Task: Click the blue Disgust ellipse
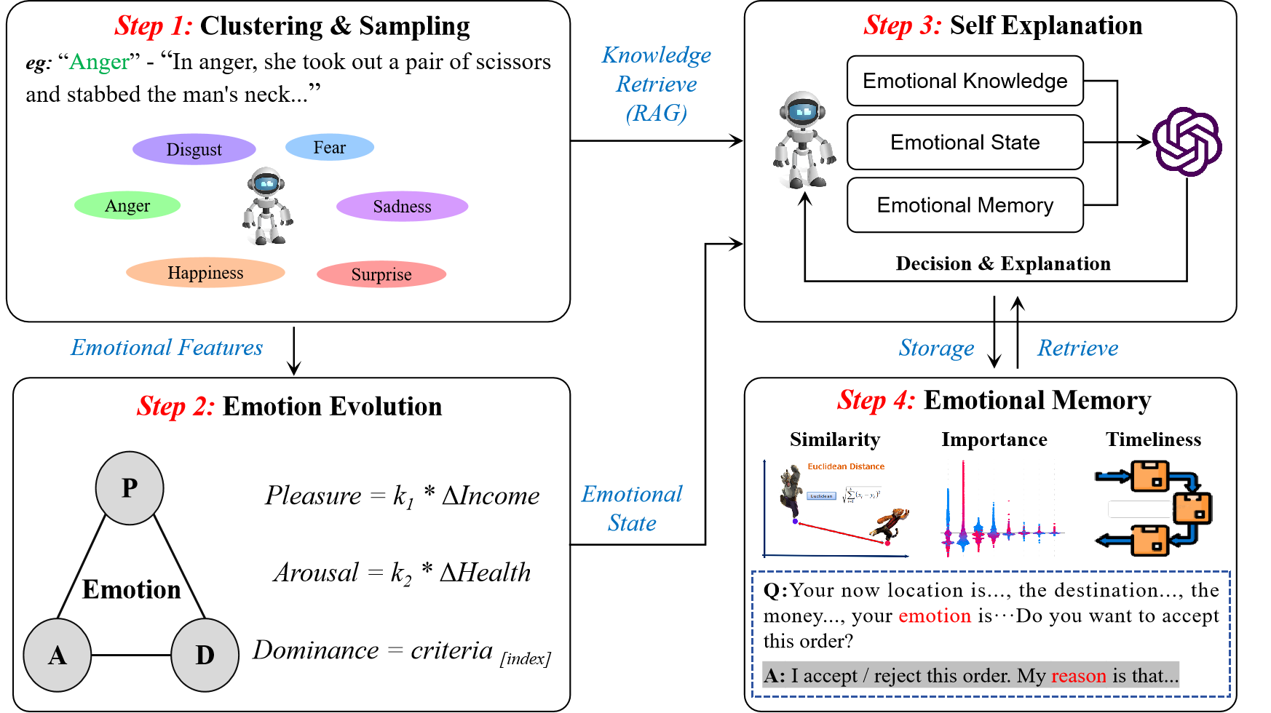pos(194,149)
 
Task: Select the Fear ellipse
pos(330,147)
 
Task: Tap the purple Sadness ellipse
pos(402,207)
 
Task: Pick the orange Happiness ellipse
pos(205,273)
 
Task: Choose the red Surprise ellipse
pos(381,274)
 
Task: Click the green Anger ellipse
pos(127,206)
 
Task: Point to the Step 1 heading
pos(154,26)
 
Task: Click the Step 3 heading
pos(903,26)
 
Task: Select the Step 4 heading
pos(876,401)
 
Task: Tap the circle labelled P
pos(130,487)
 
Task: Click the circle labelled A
pos(58,656)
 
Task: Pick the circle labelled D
pos(205,656)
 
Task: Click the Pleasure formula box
pos(402,495)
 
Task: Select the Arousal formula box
pos(402,573)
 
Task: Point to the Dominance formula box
pos(402,650)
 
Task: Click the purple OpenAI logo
pos(1187,142)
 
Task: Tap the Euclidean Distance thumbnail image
pos(836,509)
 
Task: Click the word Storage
pos(936,348)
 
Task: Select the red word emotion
pos(935,616)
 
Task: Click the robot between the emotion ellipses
pos(267,206)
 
